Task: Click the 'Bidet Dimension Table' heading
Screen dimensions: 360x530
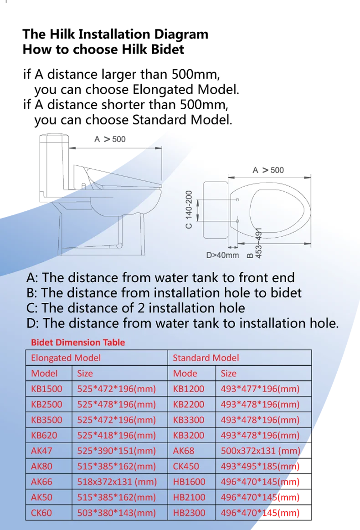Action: tap(77, 342)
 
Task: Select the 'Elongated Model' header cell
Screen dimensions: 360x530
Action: tap(66, 358)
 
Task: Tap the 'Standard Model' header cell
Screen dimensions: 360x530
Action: tap(206, 358)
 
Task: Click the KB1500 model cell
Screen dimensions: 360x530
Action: tap(46, 389)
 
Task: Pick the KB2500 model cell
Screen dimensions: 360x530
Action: tap(46, 404)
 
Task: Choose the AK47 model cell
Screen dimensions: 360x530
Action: tap(41, 451)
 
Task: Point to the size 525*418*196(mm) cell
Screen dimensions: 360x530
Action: tap(116, 435)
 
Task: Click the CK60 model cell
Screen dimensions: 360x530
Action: tap(41, 513)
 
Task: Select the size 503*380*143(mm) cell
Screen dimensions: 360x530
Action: tap(116, 513)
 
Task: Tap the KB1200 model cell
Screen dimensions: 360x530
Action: tap(189, 389)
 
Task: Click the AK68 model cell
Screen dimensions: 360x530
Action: tap(184, 451)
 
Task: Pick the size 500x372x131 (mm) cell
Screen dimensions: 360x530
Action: tap(260, 451)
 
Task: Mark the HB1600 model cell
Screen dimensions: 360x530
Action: tap(189, 482)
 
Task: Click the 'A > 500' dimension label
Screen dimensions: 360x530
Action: tap(268, 170)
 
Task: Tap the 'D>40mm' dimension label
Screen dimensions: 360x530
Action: tap(222, 255)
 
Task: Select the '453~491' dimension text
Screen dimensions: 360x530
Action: tap(258, 243)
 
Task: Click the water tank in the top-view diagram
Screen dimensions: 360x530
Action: tap(214, 210)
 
